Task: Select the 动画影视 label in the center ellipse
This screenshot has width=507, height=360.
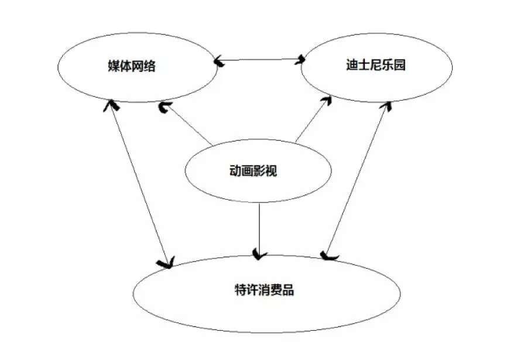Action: pos(253,172)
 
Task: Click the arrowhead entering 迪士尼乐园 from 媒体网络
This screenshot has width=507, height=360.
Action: pos(302,59)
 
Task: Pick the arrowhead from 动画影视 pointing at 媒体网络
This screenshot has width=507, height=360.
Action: pos(165,107)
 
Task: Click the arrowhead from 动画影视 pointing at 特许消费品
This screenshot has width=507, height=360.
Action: pos(259,254)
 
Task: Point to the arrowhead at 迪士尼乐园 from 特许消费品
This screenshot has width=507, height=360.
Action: pos(386,106)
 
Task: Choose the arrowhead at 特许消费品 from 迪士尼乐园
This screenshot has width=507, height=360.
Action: pos(328,256)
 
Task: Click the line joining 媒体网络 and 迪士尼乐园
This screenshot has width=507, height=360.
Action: pos(261,59)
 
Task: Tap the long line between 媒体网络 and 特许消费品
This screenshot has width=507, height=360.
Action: pos(139,184)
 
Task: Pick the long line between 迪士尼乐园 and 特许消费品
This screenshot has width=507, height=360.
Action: pos(357,181)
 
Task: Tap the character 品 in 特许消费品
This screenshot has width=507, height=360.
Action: pos(287,289)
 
